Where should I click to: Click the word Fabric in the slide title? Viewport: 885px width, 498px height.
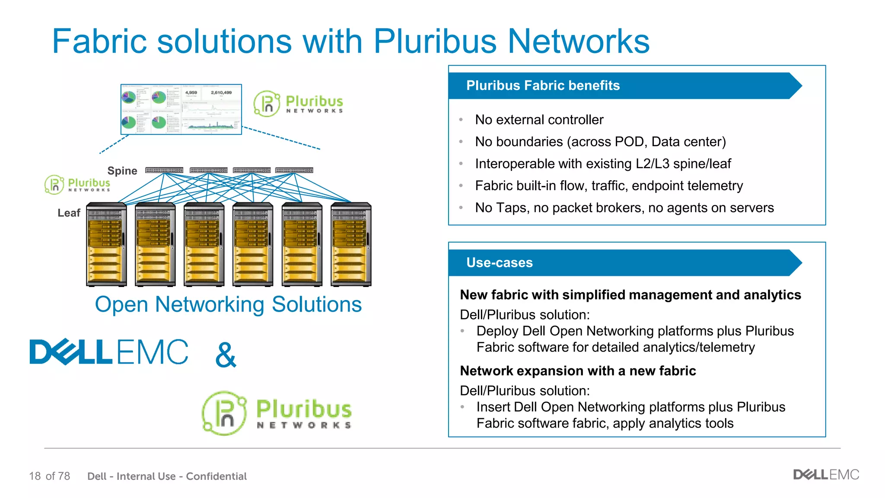[x=99, y=41]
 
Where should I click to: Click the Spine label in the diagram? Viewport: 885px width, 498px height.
[x=122, y=171]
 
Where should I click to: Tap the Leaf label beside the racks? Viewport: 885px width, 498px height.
[x=69, y=213]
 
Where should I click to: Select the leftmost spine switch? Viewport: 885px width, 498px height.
[x=164, y=170]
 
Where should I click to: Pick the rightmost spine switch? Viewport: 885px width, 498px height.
[x=294, y=170]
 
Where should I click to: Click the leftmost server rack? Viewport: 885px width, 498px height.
[x=106, y=244]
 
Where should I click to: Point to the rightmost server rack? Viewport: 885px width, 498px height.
[x=351, y=244]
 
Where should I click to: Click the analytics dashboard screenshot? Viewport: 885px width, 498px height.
[x=181, y=109]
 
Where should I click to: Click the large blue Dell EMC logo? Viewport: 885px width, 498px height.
[x=109, y=351]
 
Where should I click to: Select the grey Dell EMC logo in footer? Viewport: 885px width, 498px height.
[x=826, y=475]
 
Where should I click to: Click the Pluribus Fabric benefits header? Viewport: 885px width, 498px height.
[x=543, y=86]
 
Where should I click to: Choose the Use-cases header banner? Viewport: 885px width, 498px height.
[x=500, y=263]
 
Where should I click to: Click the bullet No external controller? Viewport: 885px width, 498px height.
[x=539, y=120]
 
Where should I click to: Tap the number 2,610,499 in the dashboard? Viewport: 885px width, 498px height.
[x=221, y=93]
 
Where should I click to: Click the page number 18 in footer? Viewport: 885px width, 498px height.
[x=35, y=476]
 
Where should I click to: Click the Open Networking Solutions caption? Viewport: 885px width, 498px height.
[x=228, y=304]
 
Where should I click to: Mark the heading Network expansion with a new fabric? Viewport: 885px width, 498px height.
[x=578, y=371]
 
